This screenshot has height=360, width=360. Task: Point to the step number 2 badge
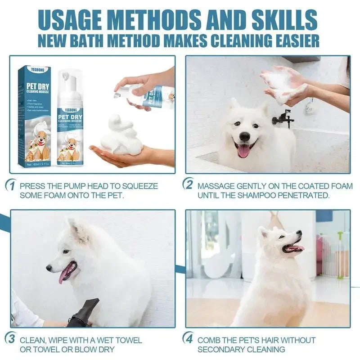189,184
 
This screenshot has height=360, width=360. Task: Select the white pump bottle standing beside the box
69,119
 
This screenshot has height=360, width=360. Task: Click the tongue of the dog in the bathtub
243,151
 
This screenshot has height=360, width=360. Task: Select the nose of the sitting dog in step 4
298,233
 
